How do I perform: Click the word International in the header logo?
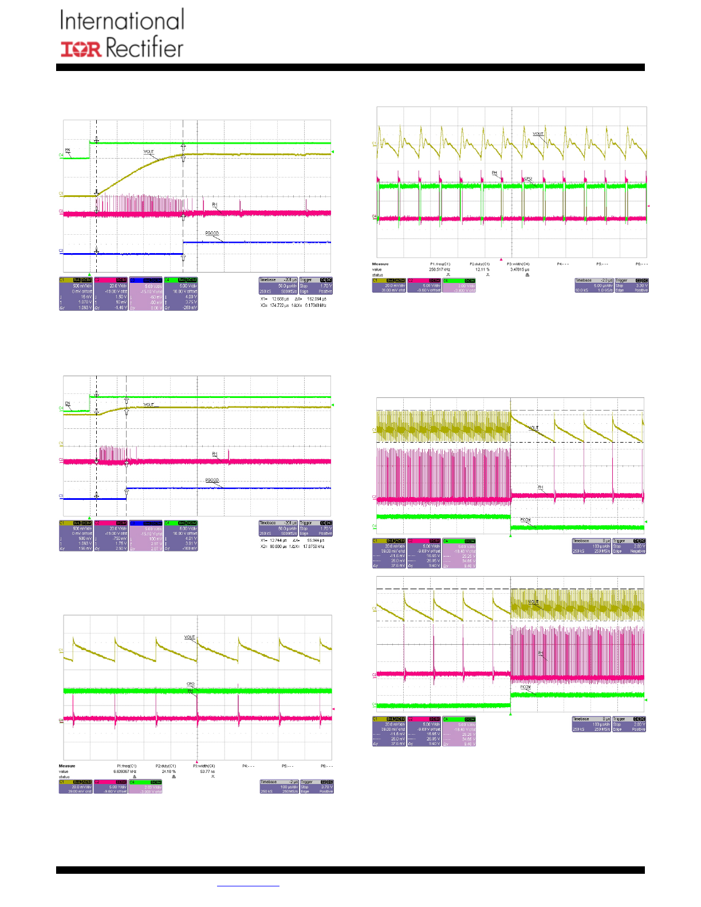(x=122, y=21)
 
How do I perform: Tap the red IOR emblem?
(x=81, y=49)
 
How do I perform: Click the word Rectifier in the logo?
(x=144, y=48)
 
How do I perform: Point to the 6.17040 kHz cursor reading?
(x=315, y=305)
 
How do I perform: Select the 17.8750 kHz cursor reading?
(x=315, y=546)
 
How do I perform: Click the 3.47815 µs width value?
(x=519, y=269)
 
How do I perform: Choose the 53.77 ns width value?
(x=207, y=771)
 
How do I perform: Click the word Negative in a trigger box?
(x=637, y=551)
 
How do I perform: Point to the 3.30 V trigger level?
(x=641, y=285)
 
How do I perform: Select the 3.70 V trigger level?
(x=326, y=787)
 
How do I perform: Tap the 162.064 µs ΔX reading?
(x=317, y=299)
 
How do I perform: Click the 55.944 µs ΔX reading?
(x=317, y=540)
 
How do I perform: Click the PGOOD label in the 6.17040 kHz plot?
(x=212, y=234)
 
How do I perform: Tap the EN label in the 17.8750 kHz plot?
(x=68, y=404)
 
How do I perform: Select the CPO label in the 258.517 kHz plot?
(x=528, y=179)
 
